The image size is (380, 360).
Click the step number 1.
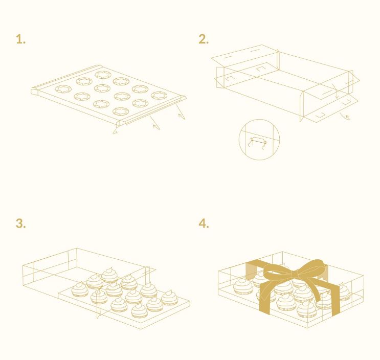(20, 39)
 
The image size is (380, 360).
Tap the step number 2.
(204, 39)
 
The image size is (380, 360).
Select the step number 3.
(20, 223)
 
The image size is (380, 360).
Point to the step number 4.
(204, 223)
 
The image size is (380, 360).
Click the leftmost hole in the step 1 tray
(63, 89)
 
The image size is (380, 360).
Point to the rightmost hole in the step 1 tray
(160, 96)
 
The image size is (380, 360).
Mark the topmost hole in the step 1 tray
(103, 75)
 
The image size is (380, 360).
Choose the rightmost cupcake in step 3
(170, 298)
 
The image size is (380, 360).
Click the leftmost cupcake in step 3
(80, 289)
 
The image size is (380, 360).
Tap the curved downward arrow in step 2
(336, 91)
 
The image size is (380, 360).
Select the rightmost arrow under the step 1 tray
(181, 112)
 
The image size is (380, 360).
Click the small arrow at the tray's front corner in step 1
(115, 132)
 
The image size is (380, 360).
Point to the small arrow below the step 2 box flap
(345, 116)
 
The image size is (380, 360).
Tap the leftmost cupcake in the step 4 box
(243, 286)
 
